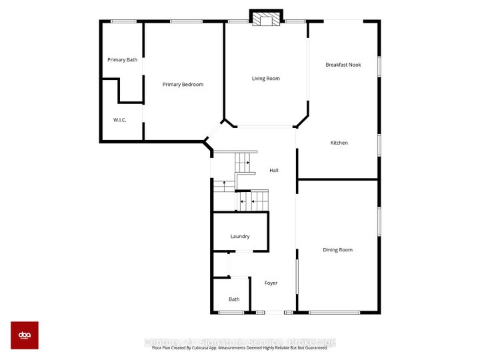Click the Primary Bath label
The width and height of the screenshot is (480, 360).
pos(123,60)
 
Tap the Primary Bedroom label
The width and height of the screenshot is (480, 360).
pos(183,85)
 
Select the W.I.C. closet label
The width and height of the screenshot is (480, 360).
pos(120,120)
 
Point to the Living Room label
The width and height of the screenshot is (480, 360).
pos(265,79)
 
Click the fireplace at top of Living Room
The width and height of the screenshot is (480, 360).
pos(267,19)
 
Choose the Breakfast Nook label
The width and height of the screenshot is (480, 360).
pos(343,65)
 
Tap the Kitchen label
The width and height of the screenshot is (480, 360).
pos(339,143)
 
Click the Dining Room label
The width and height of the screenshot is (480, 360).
pos(337,250)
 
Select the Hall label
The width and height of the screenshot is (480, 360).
pos(274,171)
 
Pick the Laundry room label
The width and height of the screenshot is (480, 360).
pos(240,237)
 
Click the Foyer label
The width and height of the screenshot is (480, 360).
pos(271,283)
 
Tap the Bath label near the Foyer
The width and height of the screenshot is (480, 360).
pos(234,299)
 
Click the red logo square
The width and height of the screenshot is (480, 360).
pos(25,335)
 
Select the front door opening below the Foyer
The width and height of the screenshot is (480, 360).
pos(271,312)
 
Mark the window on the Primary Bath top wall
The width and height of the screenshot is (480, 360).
pos(123,21)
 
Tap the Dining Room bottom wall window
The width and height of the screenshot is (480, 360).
pos(335,312)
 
